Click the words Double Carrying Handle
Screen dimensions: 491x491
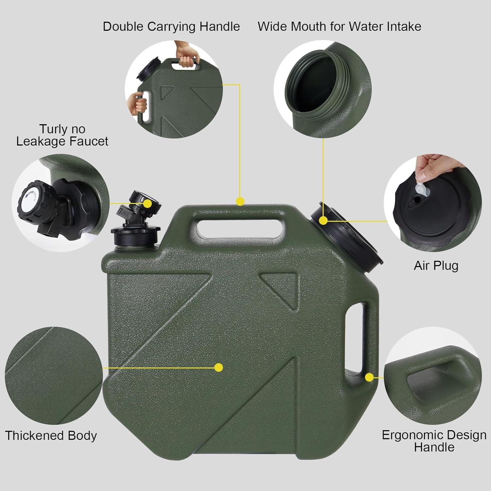coord(171,27)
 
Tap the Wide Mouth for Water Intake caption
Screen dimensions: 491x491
coord(339,27)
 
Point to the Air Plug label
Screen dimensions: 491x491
coord(436,265)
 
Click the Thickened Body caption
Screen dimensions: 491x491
coord(51,436)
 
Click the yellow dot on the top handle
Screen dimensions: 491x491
coord(240,201)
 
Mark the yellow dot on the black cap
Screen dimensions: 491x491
coord(323,220)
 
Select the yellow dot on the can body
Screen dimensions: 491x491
coord(219,368)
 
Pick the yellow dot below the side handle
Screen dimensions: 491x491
coord(370,377)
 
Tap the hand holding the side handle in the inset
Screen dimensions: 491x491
coord(140,103)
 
